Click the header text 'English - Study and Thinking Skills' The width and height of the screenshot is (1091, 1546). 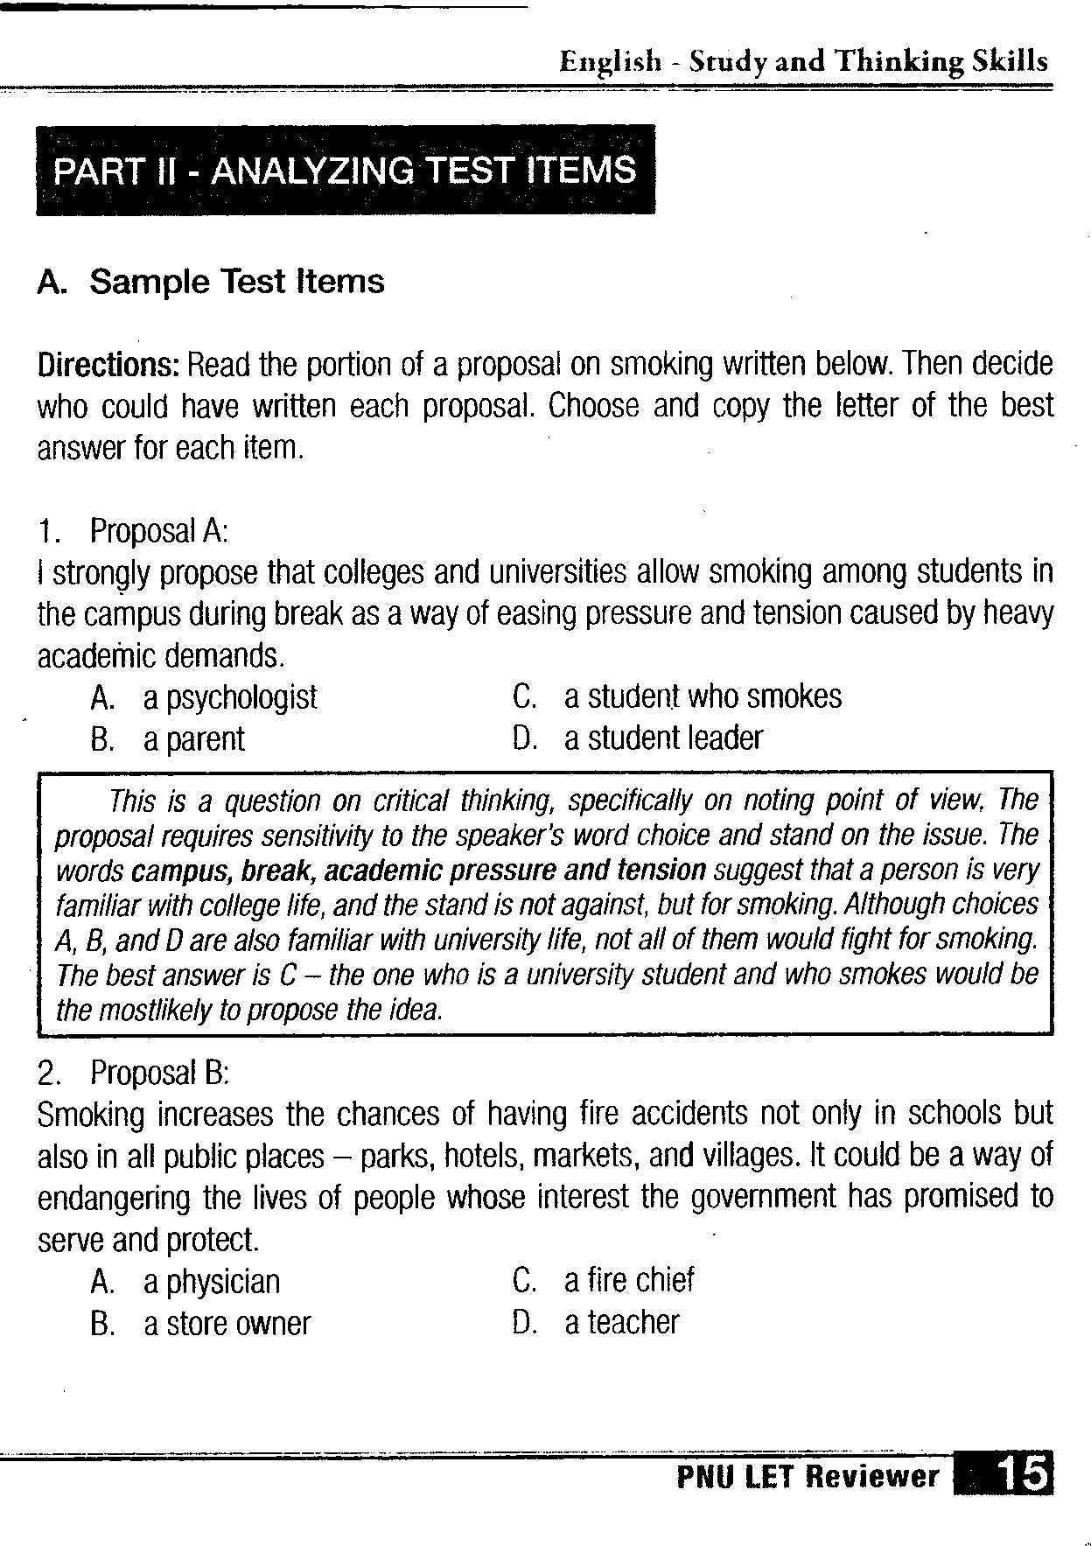(x=803, y=61)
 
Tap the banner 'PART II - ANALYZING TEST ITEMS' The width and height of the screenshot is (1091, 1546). (x=345, y=170)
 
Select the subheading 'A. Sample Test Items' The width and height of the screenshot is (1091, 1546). (x=211, y=282)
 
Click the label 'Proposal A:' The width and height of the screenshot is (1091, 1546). (x=158, y=530)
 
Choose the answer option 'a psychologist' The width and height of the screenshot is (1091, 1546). (x=230, y=698)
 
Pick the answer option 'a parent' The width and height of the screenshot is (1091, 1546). (x=194, y=740)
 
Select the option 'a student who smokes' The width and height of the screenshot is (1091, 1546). (x=703, y=697)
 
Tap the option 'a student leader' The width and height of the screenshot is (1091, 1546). (x=663, y=738)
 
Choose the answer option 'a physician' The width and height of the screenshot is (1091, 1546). (x=212, y=1283)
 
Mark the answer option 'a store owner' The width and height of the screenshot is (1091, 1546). (x=227, y=1324)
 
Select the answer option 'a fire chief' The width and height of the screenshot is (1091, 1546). (x=629, y=1281)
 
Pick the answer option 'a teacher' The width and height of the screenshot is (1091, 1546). (x=621, y=1323)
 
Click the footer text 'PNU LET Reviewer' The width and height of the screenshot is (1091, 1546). (x=808, y=1477)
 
